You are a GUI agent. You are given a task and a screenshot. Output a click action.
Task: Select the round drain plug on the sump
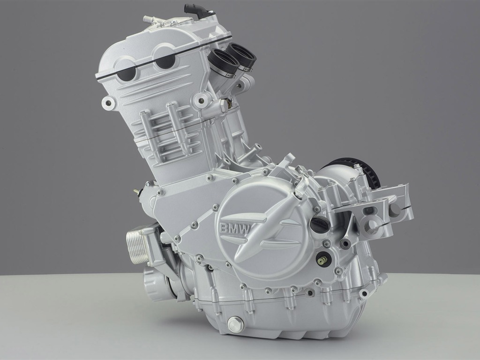233,323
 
